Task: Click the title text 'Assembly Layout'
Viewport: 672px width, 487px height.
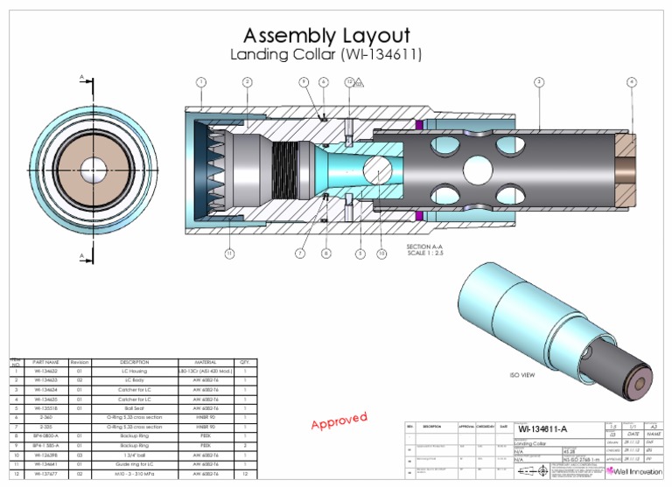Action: [x=325, y=36]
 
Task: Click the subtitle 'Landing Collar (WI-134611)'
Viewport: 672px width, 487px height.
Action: [x=325, y=55]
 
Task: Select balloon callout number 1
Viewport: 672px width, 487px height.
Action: [x=201, y=82]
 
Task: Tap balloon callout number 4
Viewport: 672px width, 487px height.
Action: [x=631, y=82]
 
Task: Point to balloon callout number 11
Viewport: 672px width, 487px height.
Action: [x=229, y=254]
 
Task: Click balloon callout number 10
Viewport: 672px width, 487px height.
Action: [x=381, y=254]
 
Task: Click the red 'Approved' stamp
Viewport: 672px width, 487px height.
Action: [x=339, y=421]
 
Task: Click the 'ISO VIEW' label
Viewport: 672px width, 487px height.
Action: [x=522, y=374]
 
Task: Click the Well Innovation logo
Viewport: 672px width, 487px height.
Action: [x=636, y=470]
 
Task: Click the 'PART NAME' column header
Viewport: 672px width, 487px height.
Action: [x=45, y=361]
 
